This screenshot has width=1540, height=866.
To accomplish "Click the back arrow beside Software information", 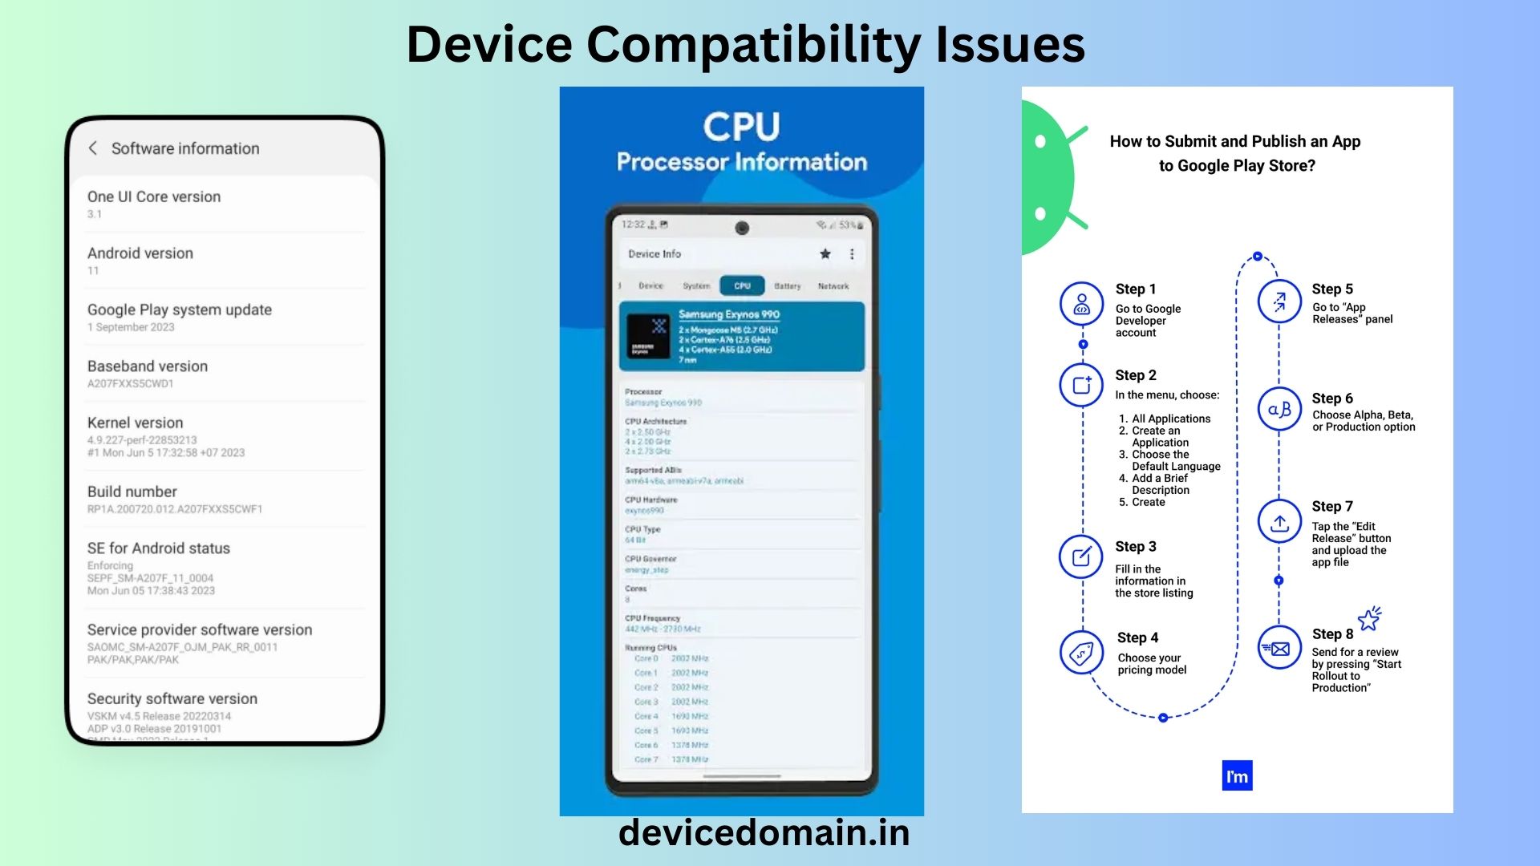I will tap(93, 148).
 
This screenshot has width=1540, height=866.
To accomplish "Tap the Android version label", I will tap(140, 253).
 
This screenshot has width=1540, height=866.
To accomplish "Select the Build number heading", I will tap(132, 492).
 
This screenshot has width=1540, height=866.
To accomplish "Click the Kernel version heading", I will tap(136, 423).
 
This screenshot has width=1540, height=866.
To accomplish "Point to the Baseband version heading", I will tap(148, 366).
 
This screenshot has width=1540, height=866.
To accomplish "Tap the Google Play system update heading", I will tap(180, 310).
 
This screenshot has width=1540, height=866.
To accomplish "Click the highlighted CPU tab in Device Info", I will tap(742, 286).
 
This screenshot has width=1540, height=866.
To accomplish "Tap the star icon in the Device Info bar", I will tap(825, 254).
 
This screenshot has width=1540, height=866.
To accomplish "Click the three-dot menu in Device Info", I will tap(852, 254).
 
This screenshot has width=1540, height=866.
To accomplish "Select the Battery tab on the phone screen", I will tap(788, 286).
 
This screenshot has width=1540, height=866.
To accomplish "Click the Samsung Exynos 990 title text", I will tap(729, 314).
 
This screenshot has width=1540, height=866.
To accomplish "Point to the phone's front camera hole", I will tap(742, 228).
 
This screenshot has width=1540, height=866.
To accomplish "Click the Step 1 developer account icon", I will tap(1081, 304).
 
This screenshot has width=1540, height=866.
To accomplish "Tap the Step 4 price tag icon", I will tap(1081, 653).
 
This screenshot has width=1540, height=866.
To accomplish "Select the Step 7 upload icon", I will tap(1279, 523).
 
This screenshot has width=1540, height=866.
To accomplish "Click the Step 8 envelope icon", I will tap(1279, 649).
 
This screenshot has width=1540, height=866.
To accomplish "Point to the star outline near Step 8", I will tap(1369, 619).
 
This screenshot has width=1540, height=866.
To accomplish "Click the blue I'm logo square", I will tap(1237, 776).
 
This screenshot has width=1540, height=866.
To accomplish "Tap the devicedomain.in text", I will tap(764, 832).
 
